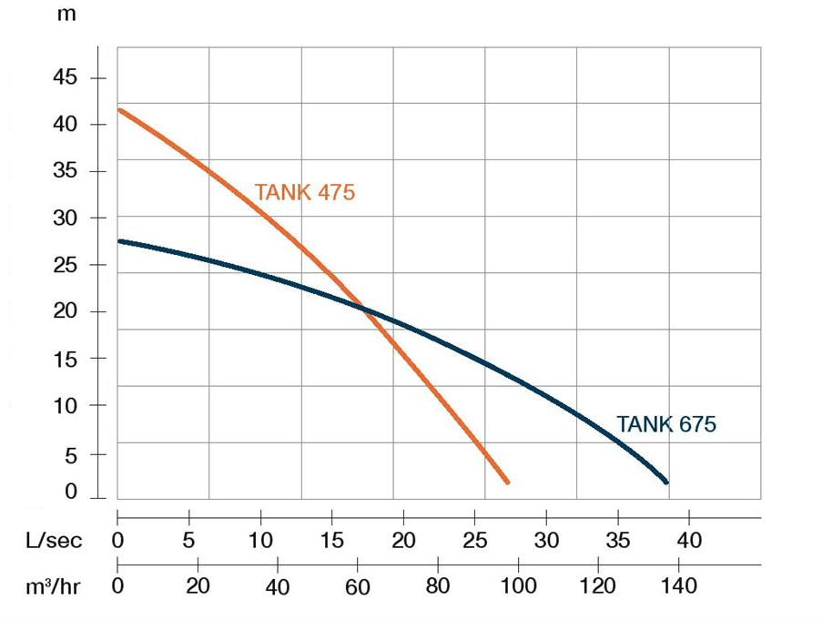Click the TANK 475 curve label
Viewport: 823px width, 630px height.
point(304,193)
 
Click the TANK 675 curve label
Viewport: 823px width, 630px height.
point(666,424)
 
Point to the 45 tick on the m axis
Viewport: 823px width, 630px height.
point(65,77)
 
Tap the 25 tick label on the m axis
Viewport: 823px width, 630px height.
point(65,265)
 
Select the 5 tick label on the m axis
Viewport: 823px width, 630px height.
point(70,452)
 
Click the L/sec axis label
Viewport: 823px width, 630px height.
point(53,541)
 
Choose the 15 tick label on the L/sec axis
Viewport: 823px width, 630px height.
point(331,540)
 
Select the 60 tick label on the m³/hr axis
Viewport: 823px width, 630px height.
point(358,586)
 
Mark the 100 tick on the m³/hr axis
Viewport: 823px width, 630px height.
point(519,586)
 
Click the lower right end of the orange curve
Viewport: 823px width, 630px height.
point(507,482)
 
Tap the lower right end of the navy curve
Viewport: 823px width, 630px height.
point(666,482)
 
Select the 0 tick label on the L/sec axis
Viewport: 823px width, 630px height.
point(118,540)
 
